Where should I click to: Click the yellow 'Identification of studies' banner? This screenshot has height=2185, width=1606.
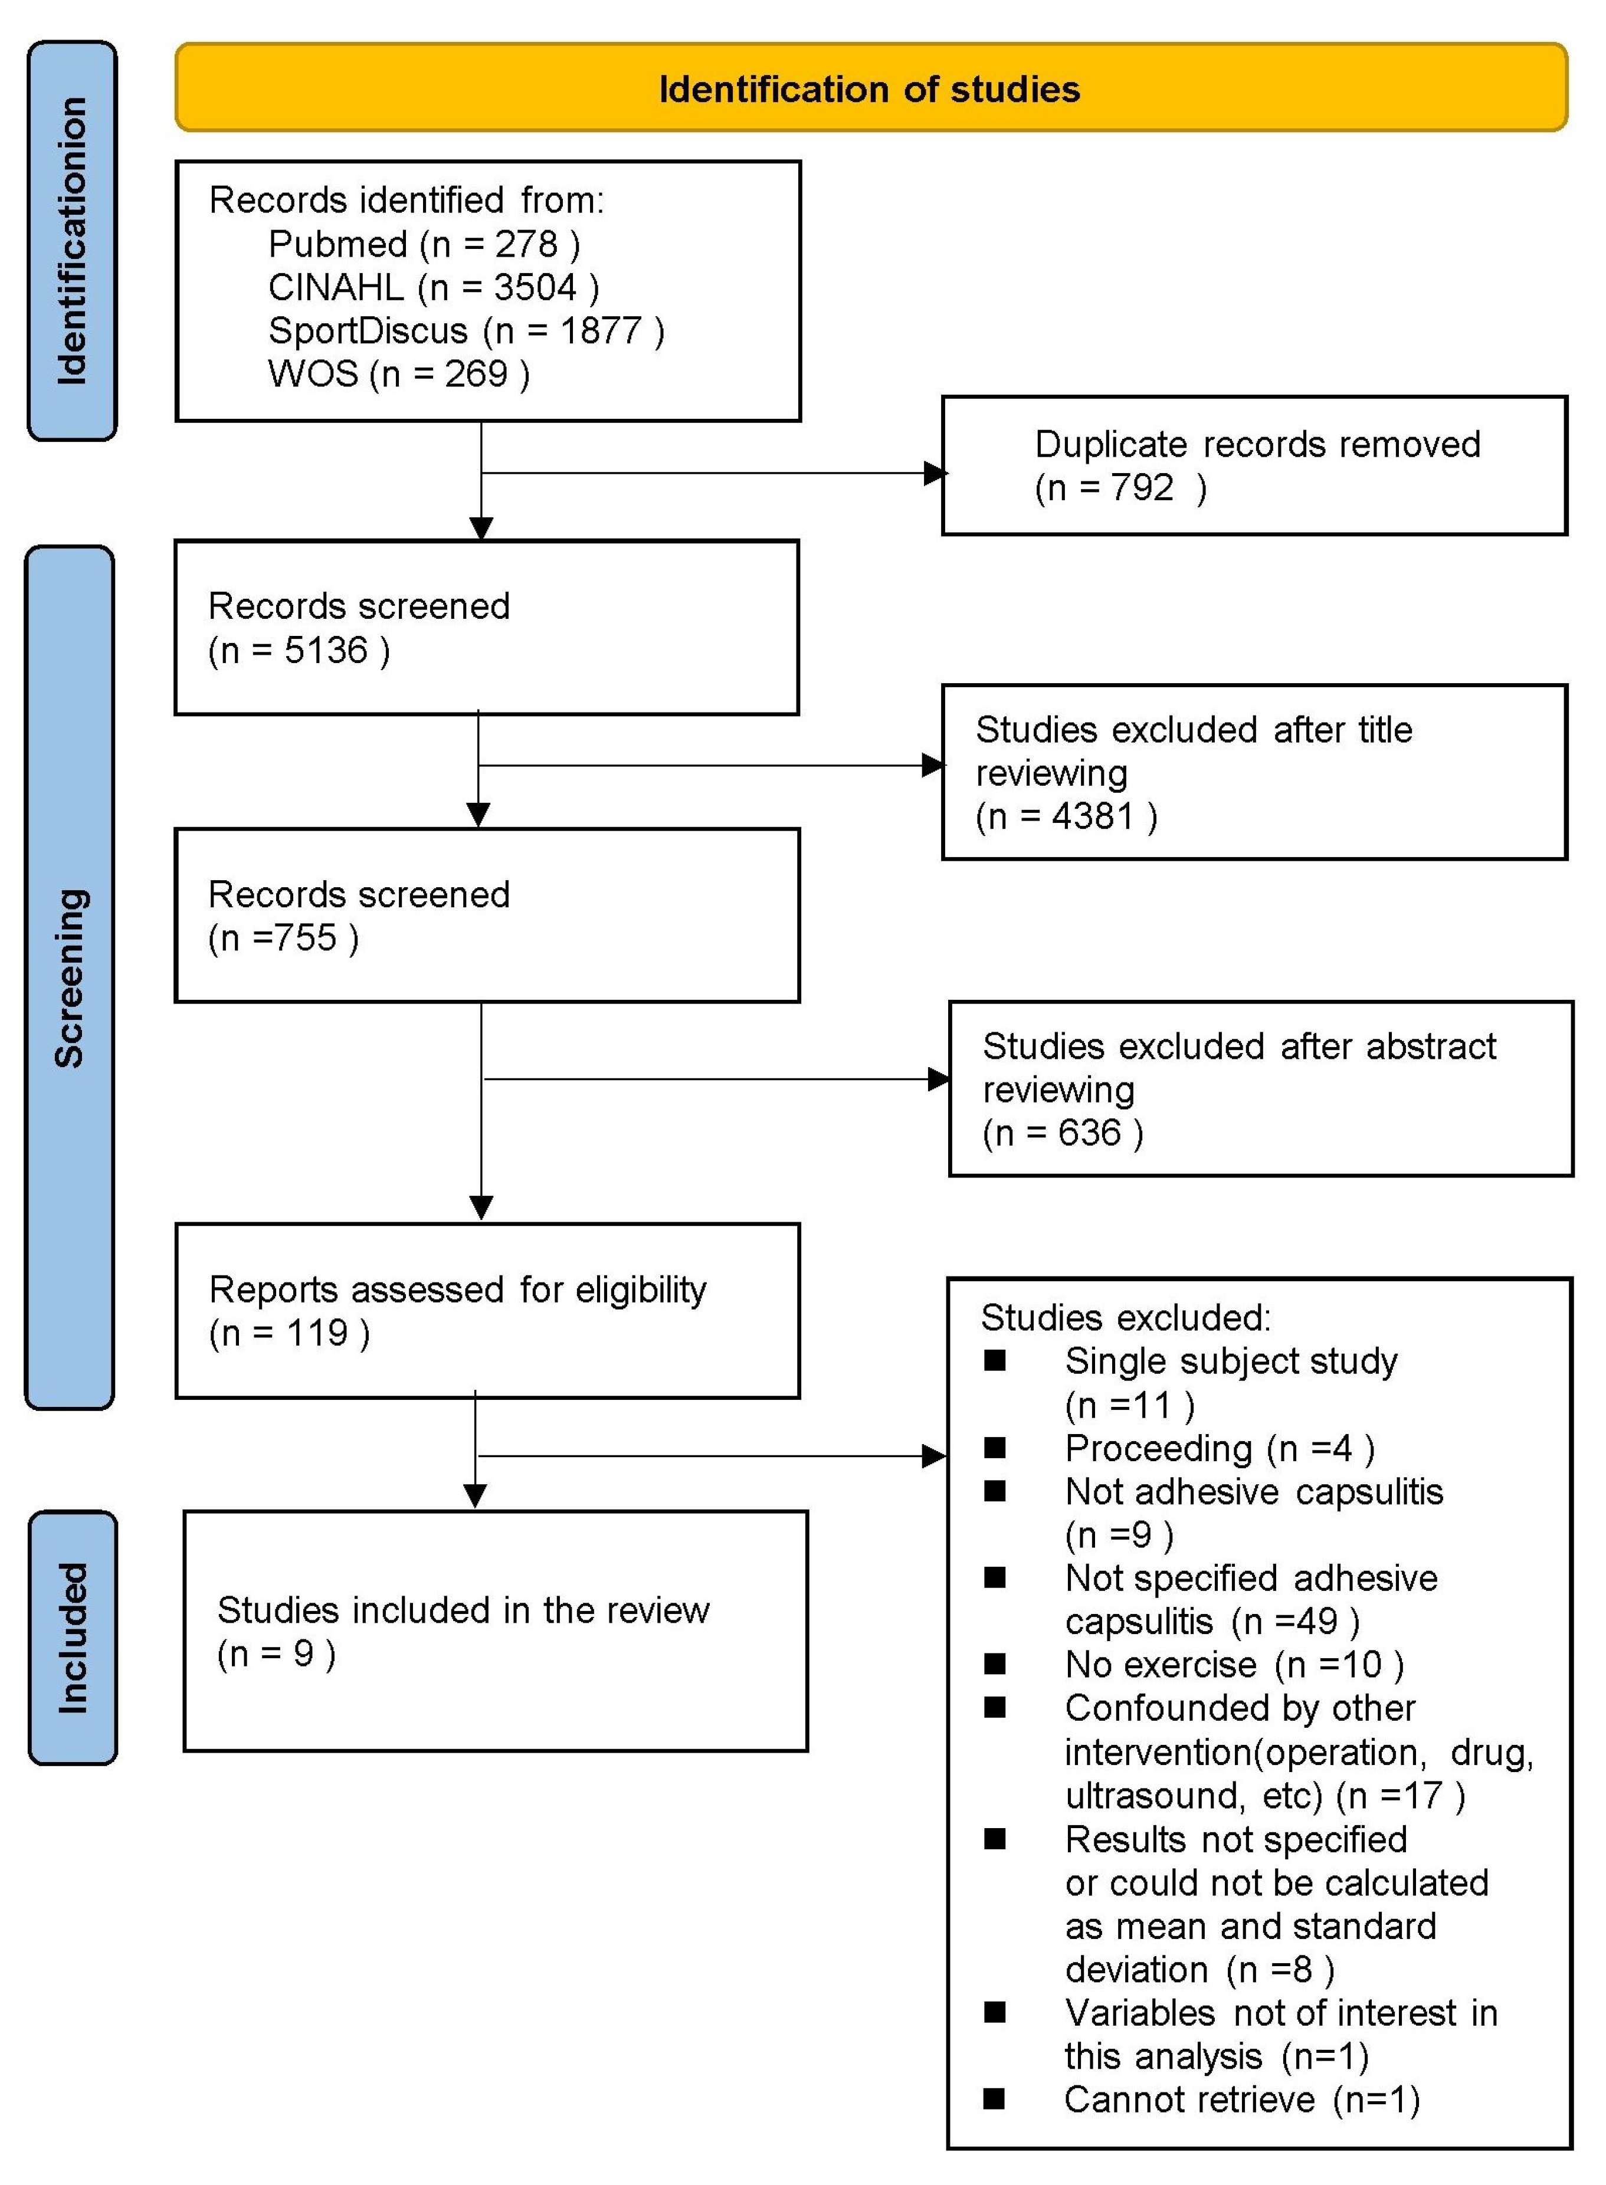click(x=870, y=88)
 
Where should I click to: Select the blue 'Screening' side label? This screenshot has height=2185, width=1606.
click(x=69, y=977)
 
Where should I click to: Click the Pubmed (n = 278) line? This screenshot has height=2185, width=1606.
click(x=424, y=244)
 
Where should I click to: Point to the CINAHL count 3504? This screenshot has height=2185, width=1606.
click(x=535, y=288)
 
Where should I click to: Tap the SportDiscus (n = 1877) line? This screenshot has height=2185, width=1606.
click(x=466, y=330)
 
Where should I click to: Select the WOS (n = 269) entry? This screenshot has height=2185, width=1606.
click(x=399, y=373)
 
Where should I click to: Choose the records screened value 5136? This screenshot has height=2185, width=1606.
click(x=326, y=650)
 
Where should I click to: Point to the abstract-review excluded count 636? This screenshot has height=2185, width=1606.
click(x=1089, y=1133)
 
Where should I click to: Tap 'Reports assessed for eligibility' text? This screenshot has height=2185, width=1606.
click(x=457, y=1290)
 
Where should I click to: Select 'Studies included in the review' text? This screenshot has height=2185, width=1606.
click(x=463, y=1610)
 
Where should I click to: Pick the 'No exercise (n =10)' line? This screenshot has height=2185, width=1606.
click(x=1234, y=1665)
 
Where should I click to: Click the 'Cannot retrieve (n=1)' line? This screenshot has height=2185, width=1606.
click(x=1241, y=2099)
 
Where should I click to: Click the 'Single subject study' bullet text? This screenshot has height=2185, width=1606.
click(x=1231, y=1361)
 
